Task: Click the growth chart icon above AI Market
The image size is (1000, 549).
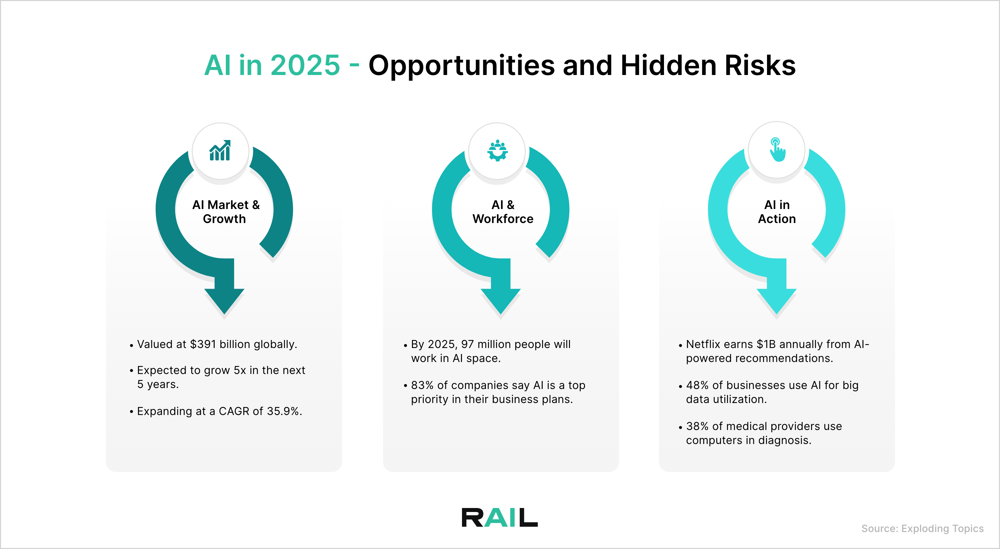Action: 220,151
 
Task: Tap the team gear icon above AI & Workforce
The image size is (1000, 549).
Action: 497,151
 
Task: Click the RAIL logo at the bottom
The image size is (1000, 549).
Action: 500,518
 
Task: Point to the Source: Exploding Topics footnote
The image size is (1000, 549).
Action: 922,528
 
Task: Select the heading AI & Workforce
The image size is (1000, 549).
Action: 503,212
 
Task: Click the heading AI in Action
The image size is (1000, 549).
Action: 777,212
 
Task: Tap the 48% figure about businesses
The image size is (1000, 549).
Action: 697,385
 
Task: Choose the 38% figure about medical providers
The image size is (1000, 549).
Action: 697,426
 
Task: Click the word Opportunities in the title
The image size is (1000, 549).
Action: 461,65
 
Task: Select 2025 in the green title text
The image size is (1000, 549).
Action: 305,65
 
